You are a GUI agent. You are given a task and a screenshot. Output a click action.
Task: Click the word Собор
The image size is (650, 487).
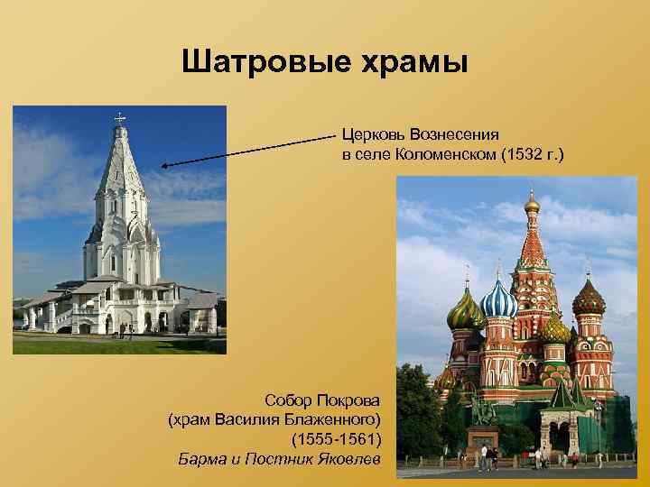[288, 400]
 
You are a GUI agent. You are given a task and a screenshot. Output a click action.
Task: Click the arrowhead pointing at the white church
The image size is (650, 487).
[165, 165]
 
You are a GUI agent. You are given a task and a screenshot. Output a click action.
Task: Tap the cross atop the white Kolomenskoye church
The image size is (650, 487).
[119, 116]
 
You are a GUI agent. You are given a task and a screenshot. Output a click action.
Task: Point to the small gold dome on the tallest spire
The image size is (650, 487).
[532, 204]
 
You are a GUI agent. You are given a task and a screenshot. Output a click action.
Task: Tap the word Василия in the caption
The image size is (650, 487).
[260, 419]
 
